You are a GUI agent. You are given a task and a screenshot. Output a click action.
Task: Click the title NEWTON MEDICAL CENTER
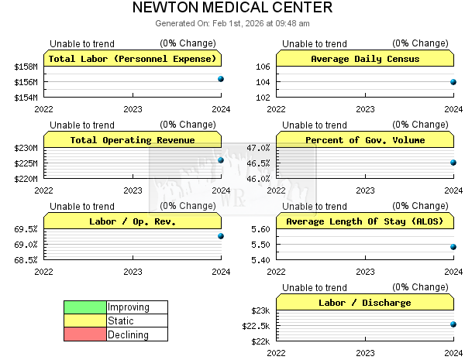(232, 9)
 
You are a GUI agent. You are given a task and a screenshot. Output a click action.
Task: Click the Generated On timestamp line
(232, 23)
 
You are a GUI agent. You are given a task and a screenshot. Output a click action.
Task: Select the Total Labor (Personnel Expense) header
(132, 59)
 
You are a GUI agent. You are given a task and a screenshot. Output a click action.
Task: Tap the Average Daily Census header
(364, 59)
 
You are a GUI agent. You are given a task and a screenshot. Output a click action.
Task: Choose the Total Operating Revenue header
(132, 140)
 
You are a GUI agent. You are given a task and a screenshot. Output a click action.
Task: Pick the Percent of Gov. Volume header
(364, 140)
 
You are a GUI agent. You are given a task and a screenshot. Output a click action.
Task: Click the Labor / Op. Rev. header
(132, 221)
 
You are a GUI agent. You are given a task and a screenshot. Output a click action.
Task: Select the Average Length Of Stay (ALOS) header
(364, 221)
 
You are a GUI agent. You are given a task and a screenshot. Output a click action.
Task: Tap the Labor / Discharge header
(364, 303)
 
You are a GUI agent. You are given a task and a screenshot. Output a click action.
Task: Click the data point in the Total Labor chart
(221, 79)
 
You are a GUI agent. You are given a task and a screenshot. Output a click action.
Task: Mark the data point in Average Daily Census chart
(453, 82)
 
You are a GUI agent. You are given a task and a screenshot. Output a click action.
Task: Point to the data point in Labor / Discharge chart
(453, 324)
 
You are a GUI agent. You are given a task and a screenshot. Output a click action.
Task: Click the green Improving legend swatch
(84, 307)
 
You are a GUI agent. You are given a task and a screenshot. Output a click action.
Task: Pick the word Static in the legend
(121, 321)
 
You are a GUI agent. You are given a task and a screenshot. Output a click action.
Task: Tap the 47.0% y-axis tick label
(258, 148)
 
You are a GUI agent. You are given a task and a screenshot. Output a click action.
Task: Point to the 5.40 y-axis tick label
(260, 260)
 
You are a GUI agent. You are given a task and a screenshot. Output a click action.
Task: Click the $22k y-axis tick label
(259, 341)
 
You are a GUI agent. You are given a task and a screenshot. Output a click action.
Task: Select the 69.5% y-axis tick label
(26, 229)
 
